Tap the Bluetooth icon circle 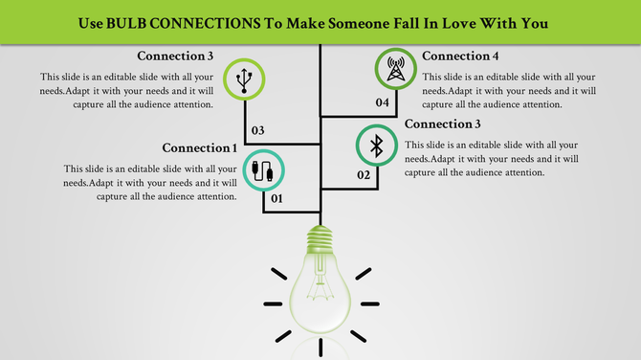pyautogui.click(x=377, y=146)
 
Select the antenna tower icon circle pyautogui.click(x=394, y=69)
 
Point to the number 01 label pyautogui.click(x=276, y=199)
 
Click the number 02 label pyautogui.click(x=364, y=175)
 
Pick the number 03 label pyautogui.click(x=256, y=129)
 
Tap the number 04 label pyautogui.click(x=382, y=101)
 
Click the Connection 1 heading pyautogui.click(x=200, y=148)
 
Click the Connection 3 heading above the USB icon pyautogui.click(x=174, y=56)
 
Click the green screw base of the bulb pyautogui.click(x=320, y=238)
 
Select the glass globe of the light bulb pyautogui.click(x=320, y=292)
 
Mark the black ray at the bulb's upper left pyautogui.click(x=278, y=273)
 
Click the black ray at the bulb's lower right pyautogui.click(x=359, y=336)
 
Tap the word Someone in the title pyautogui.click(x=356, y=22)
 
